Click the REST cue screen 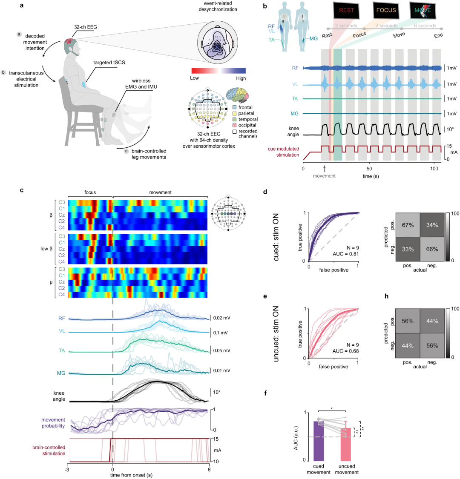(346, 10)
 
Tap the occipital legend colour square (235, 125)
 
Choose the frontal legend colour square (235, 107)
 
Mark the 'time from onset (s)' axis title (132, 474)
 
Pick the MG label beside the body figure (313, 39)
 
